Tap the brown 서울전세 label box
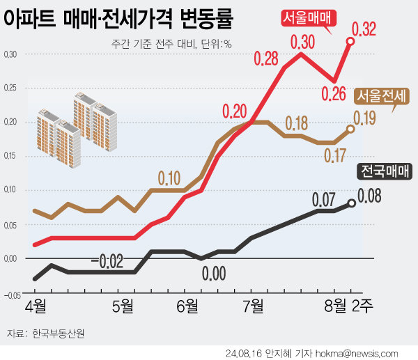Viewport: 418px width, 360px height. [x=382, y=96]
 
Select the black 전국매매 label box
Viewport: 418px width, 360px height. [x=385, y=171]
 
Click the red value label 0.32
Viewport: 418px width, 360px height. [x=364, y=30]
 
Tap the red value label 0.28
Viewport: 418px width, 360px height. [x=267, y=58]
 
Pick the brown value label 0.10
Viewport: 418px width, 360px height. [x=170, y=177]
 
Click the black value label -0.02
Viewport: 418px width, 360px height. [x=107, y=262]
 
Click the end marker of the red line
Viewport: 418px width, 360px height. [x=350, y=42]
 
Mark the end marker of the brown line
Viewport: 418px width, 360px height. [x=350, y=129]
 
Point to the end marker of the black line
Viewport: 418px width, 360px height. [x=351, y=203]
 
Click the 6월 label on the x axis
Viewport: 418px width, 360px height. [x=187, y=306]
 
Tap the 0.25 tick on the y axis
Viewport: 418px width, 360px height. [x=10, y=88]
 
